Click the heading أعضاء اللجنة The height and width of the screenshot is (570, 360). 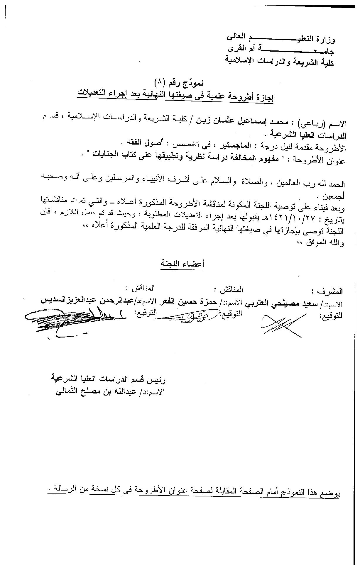pyautogui.click(x=182, y=264)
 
